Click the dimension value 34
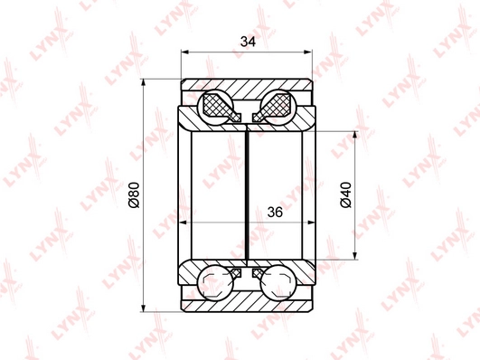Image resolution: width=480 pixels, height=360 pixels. [248, 42]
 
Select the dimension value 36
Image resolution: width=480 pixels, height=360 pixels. [275, 212]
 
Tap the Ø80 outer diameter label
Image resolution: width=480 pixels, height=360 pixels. [134, 194]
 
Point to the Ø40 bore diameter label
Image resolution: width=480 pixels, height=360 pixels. [346, 194]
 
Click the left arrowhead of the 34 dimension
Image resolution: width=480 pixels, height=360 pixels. [185, 52]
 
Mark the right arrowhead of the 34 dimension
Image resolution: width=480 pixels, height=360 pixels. [307, 52]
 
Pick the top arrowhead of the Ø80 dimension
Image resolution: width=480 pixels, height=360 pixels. [143, 83]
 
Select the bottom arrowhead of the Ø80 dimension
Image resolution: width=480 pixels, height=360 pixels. [143, 308]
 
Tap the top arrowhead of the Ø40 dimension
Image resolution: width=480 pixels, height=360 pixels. [354, 136]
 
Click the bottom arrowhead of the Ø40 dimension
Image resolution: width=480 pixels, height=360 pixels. [354, 255]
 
